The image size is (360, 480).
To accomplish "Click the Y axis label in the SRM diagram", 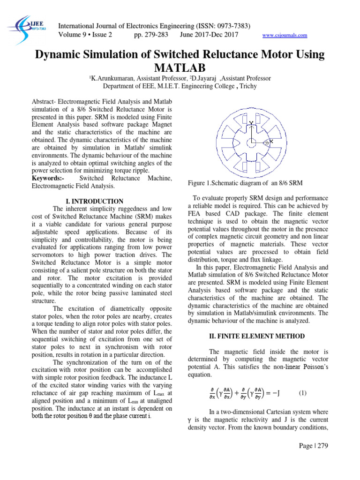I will click(251, 123).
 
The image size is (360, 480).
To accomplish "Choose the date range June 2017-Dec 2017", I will click(209, 35).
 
